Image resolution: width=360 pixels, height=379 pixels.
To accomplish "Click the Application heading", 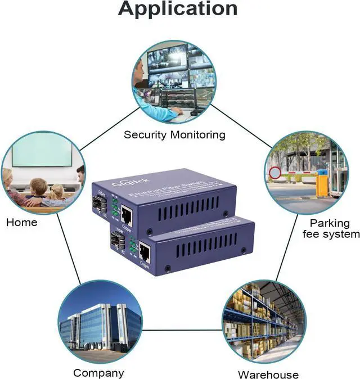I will [x=178, y=9].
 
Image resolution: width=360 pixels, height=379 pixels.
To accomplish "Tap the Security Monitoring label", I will [x=174, y=135].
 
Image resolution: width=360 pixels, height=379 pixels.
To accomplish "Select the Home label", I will [x=22, y=222].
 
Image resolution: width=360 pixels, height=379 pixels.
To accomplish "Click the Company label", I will [x=98, y=373].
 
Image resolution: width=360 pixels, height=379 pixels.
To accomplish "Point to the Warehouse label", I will [x=268, y=375].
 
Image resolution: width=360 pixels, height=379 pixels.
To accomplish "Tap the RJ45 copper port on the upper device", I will [x=127, y=213].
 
